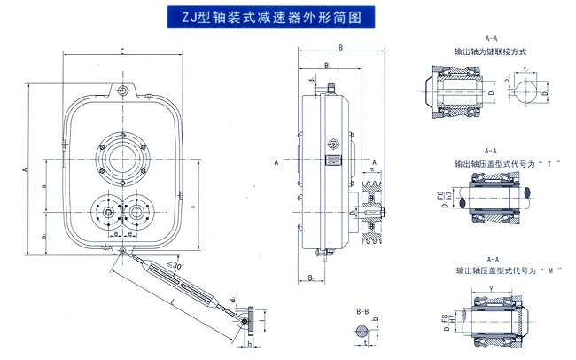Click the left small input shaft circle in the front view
[x=106, y=211]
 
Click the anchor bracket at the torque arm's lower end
[x=252, y=318]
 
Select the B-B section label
[x=362, y=312]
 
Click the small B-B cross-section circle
[x=362, y=332]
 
